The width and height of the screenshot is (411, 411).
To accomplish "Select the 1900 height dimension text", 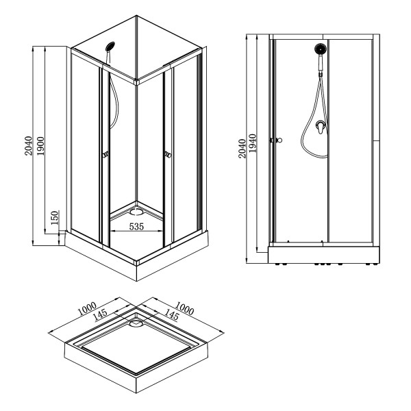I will pos(42,145).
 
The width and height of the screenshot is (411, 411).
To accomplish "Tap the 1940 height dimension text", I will pos(254,145).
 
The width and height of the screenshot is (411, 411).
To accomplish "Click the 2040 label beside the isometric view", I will pos(28,145).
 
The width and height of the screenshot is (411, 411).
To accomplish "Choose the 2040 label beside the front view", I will pos(241,148).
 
